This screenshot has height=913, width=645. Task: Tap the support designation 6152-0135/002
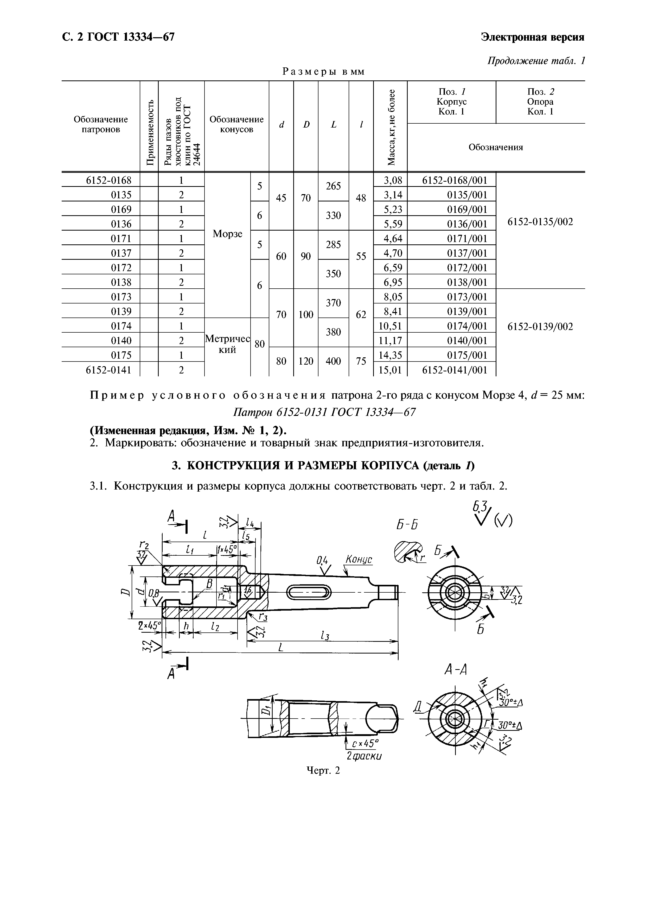tap(540, 222)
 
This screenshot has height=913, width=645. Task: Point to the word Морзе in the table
tap(227, 234)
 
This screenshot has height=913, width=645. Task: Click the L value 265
tap(333, 186)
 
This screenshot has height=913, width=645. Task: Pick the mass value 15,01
tap(391, 370)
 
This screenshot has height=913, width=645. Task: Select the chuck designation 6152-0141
tap(108, 370)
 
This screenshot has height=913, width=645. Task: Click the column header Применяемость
tap(149, 127)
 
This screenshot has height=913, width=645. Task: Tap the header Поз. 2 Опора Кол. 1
tap(540, 102)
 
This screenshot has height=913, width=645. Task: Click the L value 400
tap(333, 361)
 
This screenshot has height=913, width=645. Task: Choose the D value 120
tap(306, 361)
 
